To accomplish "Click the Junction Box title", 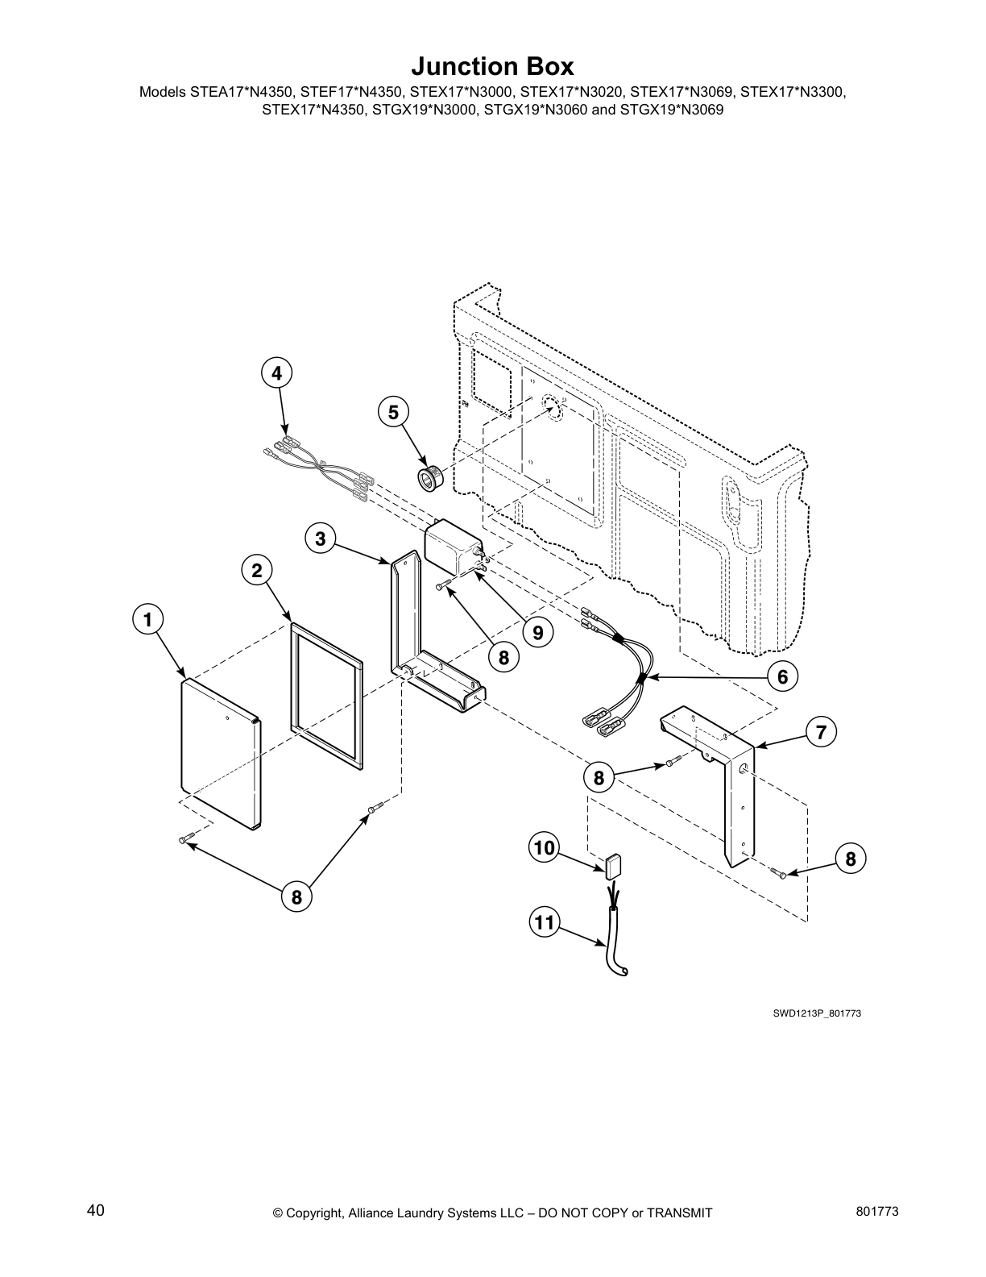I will click(x=492, y=65).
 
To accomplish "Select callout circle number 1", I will click(x=147, y=619).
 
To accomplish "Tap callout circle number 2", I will click(x=256, y=571).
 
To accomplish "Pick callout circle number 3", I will click(x=321, y=539).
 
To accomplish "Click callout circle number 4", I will click(x=276, y=373).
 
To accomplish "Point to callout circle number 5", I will click(x=393, y=412).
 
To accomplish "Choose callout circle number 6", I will click(x=781, y=676).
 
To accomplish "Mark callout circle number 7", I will click(x=821, y=732).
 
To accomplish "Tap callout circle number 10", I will click(x=545, y=847).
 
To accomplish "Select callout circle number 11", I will click(x=545, y=921).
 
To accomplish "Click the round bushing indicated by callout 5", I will click(x=427, y=477).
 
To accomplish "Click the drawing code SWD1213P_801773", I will click(x=817, y=1013).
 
